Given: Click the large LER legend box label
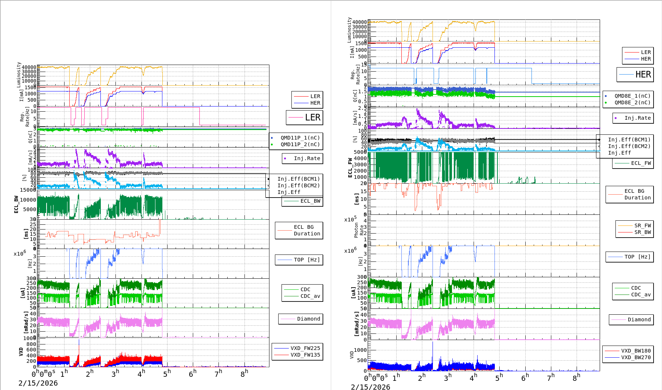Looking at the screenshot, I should point(312,118).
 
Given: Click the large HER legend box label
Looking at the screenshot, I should point(643,75).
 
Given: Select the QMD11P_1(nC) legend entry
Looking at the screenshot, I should point(300,138).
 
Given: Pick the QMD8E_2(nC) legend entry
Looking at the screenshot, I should point(632,102).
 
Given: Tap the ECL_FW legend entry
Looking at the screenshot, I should point(641,163).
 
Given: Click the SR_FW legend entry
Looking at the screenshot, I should point(643,225).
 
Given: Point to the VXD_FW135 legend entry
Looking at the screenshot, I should point(305,355).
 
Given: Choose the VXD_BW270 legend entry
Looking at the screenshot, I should point(636,357).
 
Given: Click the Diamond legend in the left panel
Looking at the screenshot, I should point(308,319).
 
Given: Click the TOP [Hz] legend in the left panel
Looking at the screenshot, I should point(306,260).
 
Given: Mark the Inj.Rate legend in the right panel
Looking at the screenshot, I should point(637,118).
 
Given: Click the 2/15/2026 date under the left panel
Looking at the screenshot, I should point(38,383).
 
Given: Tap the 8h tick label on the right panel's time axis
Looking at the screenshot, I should point(576,377).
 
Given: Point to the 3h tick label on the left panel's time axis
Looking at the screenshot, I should point(115,373).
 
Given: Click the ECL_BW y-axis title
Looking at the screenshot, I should point(16,204).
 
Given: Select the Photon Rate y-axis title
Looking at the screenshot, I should point(359,230).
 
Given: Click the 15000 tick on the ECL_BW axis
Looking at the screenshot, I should point(28,190).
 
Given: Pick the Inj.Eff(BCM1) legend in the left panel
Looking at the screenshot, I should point(298,179).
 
